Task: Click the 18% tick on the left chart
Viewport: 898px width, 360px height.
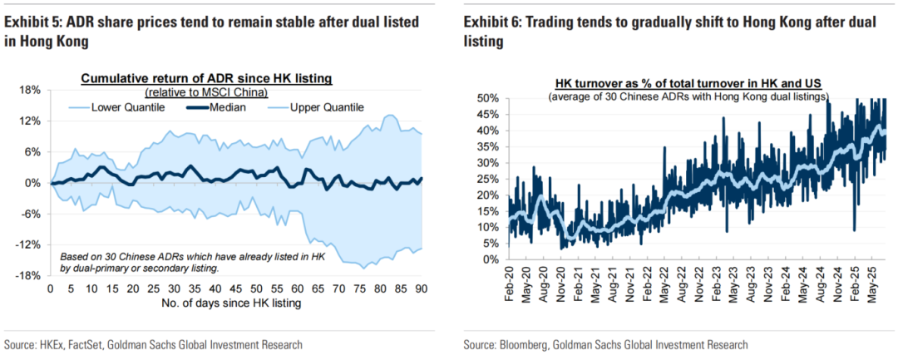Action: tap(30, 90)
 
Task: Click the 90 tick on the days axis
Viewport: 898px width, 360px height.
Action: tap(420, 288)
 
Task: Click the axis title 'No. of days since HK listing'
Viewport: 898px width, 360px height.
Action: tap(235, 303)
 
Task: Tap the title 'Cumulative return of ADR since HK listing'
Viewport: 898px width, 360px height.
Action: tap(206, 78)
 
